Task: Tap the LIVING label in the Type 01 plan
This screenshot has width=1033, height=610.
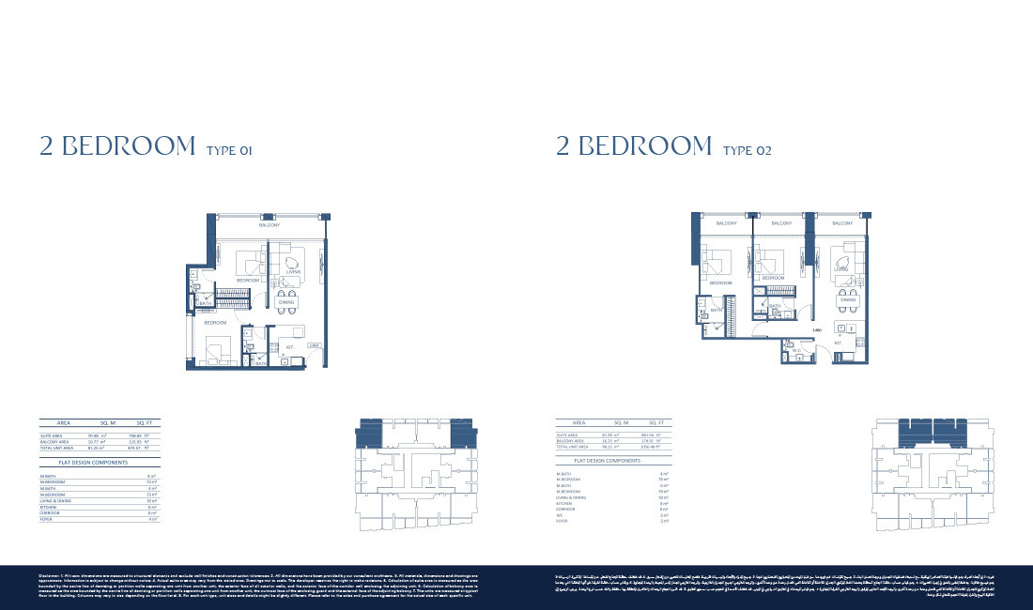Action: [293, 271]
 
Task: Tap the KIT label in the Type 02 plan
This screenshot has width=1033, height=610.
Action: [839, 343]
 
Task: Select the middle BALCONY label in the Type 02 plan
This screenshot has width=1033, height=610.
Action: [781, 224]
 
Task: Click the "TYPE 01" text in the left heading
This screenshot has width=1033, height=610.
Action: [229, 149]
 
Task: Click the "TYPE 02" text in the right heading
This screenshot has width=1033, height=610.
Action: [748, 149]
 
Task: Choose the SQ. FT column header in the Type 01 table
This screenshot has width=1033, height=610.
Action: [145, 423]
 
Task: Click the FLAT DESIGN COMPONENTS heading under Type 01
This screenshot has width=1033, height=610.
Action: [94, 463]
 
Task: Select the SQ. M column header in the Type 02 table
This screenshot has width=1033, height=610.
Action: [621, 423]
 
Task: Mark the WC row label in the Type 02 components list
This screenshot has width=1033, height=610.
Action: [561, 514]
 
